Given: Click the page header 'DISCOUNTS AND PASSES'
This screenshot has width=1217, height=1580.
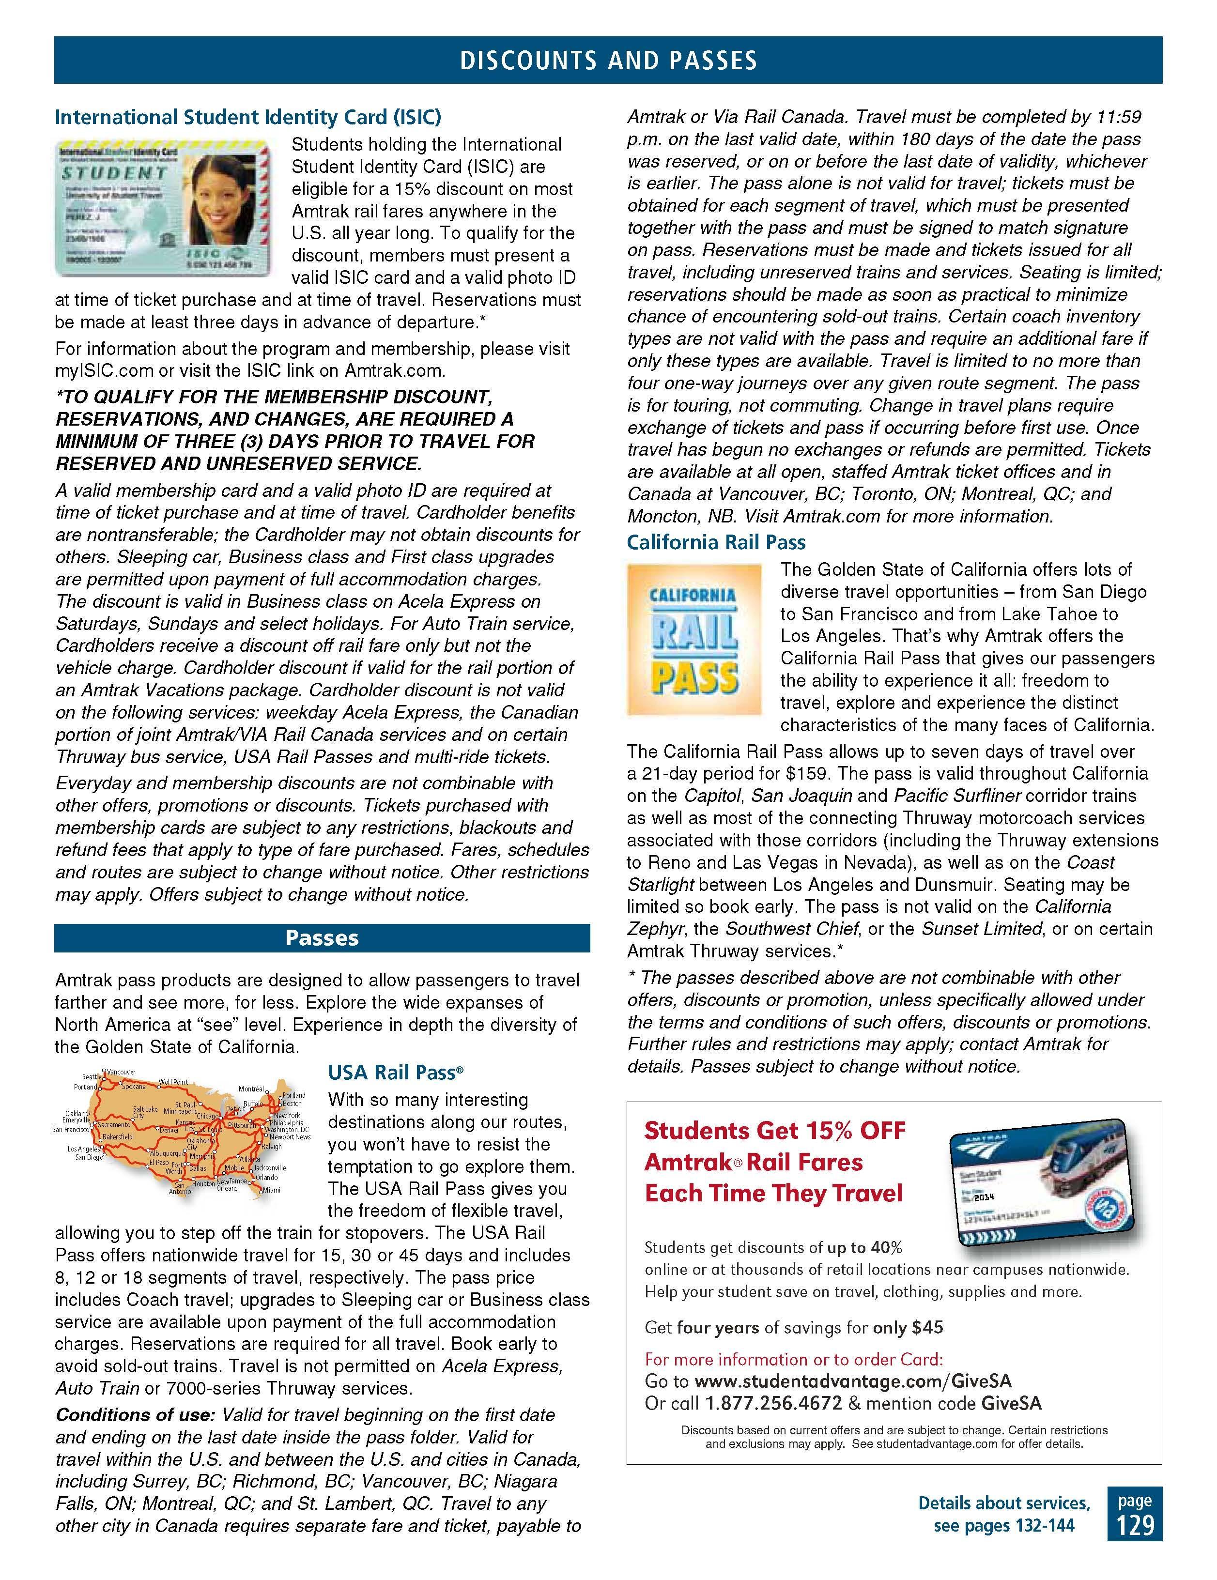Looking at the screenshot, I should pyautogui.click(x=608, y=61).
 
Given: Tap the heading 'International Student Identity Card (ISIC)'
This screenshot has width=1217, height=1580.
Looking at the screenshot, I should pyautogui.click(x=247, y=117).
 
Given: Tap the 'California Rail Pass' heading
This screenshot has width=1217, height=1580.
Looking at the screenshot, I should pyautogui.click(x=716, y=543).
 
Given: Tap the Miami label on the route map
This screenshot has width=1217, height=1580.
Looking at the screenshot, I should pyautogui.click(x=271, y=1190).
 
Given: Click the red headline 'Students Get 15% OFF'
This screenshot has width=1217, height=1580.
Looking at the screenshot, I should pyautogui.click(x=774, y=1130).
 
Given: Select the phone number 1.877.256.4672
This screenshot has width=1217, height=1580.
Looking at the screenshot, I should pyautogui.click(x=773, y=1403).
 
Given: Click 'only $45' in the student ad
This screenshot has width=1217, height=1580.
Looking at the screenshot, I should pyautogui.click(x=908, y=1328).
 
